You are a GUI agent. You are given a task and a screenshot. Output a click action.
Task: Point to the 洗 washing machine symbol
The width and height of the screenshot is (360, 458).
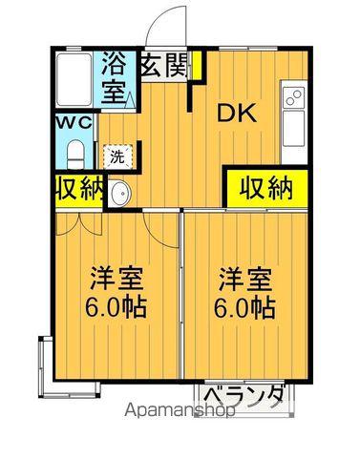coord(116,156)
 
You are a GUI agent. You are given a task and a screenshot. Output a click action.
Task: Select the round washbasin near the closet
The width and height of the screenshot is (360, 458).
coord(119,195)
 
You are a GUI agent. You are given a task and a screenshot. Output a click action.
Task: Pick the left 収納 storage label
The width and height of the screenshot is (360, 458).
coord(77,188)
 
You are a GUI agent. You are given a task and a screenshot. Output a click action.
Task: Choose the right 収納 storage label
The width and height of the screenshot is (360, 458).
coord(266,188)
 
